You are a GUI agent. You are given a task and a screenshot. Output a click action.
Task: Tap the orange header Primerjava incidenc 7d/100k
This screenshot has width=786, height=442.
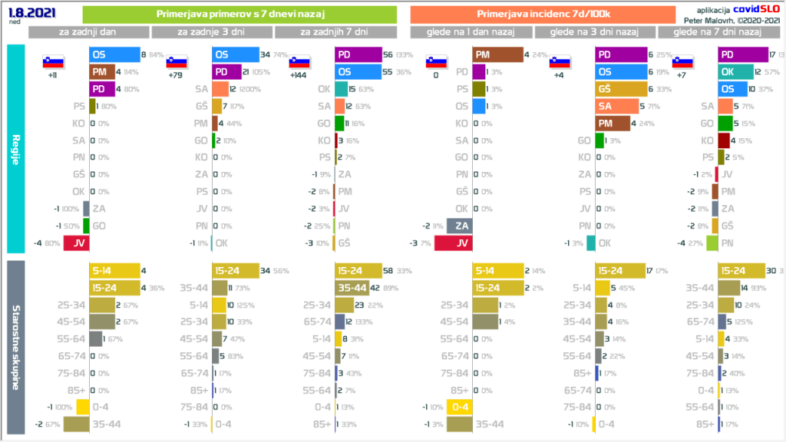pyautogui.click(x=543, y=15)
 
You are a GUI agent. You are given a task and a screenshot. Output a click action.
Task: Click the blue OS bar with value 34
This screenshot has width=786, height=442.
pyautogui.click(x=235, y=55)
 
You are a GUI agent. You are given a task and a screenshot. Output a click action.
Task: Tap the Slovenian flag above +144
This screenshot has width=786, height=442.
pyautogui.click(x=299, y=63)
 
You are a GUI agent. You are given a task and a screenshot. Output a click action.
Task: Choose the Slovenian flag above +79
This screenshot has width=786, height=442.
pyautogui.click(x=177, y=63)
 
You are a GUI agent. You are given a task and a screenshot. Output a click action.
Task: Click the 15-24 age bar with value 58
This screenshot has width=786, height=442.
pyautogui.click(x=358, y=272)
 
